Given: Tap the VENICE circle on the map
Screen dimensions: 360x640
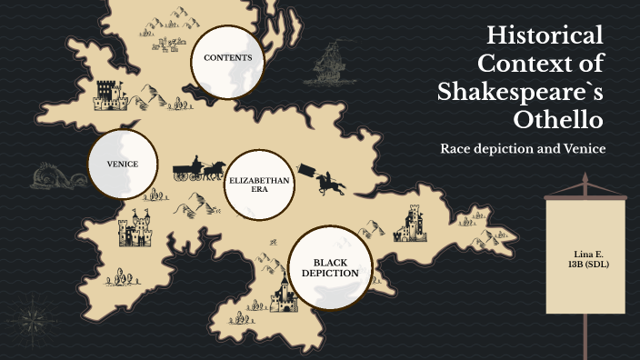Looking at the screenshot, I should [122, 165].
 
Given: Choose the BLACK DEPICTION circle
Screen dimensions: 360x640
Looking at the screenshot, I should [329, 268].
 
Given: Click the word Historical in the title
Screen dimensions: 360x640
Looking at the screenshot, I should [545, 36].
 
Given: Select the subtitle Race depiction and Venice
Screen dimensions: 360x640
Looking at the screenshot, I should [523, 148].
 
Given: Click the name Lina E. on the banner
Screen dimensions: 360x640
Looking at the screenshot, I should [588, 252].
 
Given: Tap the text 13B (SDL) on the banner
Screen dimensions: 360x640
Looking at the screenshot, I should [587, 264].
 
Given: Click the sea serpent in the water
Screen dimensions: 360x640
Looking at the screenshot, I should [55, 175].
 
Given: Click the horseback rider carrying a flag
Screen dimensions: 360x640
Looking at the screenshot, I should [327, 180].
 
